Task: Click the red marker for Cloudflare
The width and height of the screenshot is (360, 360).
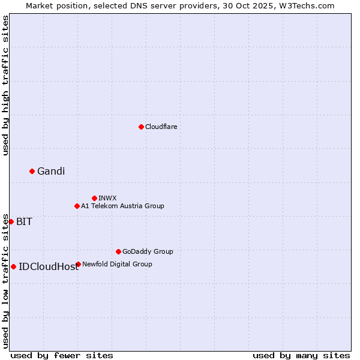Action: [x=141, y=127]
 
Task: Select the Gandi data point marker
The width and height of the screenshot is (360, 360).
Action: [x=32, y=172]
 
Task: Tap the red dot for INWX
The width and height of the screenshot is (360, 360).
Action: [x=94, y=198]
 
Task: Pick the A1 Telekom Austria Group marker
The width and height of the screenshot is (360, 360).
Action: [x=77, y=206]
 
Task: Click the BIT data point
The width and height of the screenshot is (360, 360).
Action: [x=11, y=221]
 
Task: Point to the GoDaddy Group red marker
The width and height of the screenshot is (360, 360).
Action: [x=118, y=251]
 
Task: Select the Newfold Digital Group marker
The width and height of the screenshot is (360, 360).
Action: [x=78, y=264]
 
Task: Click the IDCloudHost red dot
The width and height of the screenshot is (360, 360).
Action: [x=13, y=266]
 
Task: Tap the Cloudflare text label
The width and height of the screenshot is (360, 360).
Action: [x=161, y=127]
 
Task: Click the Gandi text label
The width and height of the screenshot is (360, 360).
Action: [x=51, y=172]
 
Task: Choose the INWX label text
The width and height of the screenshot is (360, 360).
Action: [x=107, y=198]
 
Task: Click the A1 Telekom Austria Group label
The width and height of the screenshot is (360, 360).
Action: [x=122, y=206]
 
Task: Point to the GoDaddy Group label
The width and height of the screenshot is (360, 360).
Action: [x=148, y=251]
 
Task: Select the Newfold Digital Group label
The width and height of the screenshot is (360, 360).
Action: [x=117, y=264]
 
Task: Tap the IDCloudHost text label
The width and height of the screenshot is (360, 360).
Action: [x=49, y=267]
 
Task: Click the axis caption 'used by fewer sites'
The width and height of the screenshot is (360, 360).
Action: [x=62, y=355]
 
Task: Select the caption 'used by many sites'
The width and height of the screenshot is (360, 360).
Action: [x=301, y=355]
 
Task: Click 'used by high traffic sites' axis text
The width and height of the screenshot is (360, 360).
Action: [x=6, y=85]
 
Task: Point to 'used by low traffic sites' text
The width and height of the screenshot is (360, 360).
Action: [x=6, y=281]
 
